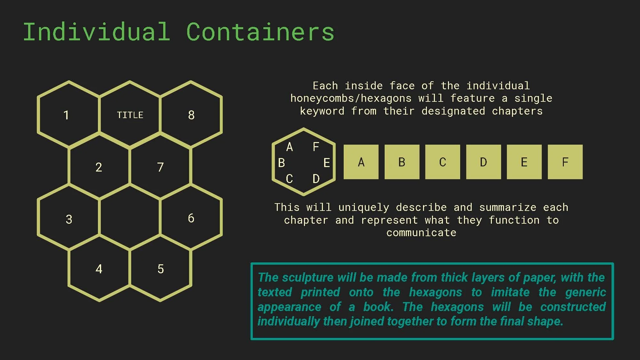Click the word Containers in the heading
(x=260, y=32)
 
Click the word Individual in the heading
(x=96, y=32)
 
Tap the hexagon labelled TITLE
(x=130, y=115)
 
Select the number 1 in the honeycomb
(x=66, y=115)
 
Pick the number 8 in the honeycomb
(x=191, y=115)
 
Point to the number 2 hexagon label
(x=99, y=167)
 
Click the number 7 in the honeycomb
(x=160, y=167)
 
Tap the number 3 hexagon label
(x=69, y=220)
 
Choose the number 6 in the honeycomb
(x=191, y=218)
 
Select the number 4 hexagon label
(x=99, y=269)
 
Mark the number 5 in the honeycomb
(x=161, y=269)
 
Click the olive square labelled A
(x=361, y=162)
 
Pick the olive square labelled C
(x=443, y=162)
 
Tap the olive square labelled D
(x=484, y=162)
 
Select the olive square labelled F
(x=565, y=162)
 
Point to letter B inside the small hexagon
(x=282, y=163)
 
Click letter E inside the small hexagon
(x=326, y=163)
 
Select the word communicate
(x=421, y=233)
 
